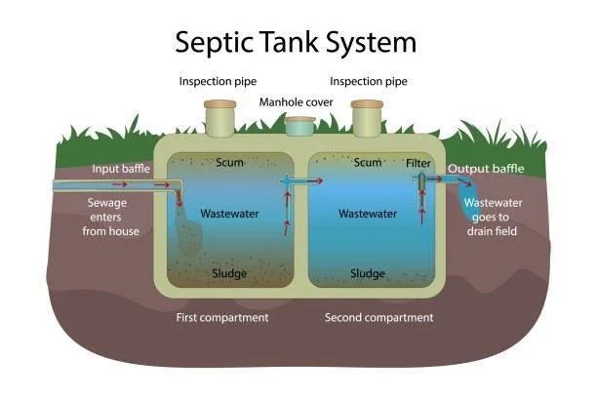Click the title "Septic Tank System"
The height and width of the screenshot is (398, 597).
click(x=296, y=42)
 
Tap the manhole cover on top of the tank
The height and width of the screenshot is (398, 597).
click(x=299, y=125)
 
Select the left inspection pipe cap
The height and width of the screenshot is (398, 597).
click(x=219, y=104)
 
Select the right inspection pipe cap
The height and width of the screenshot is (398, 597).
click(x=366, y=104)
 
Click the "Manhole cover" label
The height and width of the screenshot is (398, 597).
click(x=298, y=101)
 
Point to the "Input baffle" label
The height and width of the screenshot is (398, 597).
click(x=121, y=169)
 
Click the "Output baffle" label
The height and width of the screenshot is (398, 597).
click(x=486, y=169)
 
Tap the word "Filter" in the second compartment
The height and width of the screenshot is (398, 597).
click(x=418, y=163)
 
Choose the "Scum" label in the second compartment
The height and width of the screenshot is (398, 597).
click(x=368, y=163)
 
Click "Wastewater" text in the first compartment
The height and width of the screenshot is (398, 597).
click(x=228, y=213)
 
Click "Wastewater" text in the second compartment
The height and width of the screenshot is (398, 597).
click(x=368, y=213)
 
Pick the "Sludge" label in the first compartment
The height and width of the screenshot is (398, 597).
click(x=229, y=273)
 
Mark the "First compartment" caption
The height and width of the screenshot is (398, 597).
click(x=220, y=318)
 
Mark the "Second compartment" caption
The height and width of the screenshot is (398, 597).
click(x=378, y=318)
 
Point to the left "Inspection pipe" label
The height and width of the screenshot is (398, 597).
click(x=219, y=81)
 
